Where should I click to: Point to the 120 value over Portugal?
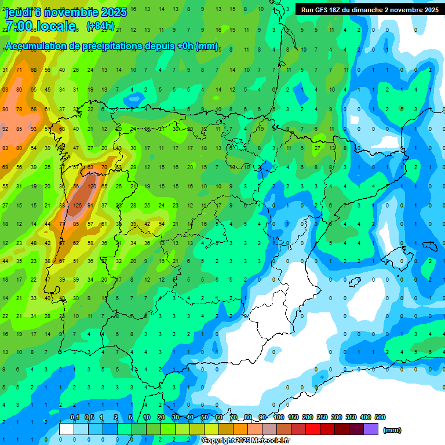91,187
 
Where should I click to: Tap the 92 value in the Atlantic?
5,129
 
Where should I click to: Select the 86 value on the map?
19,90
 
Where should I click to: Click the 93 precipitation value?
33,129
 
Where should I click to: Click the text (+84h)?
100,26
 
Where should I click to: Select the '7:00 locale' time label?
41,26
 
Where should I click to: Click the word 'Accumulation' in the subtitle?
35,46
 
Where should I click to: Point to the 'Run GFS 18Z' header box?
369,10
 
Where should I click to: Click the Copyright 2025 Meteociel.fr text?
246,441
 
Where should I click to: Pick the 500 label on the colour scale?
380,417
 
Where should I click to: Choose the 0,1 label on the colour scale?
75,417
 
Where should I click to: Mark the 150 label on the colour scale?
293,417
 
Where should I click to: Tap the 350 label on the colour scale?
351,417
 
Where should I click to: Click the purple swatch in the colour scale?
371,429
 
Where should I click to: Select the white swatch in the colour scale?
67,429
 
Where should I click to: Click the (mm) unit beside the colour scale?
393,430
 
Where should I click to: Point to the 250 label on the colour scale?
322,417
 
